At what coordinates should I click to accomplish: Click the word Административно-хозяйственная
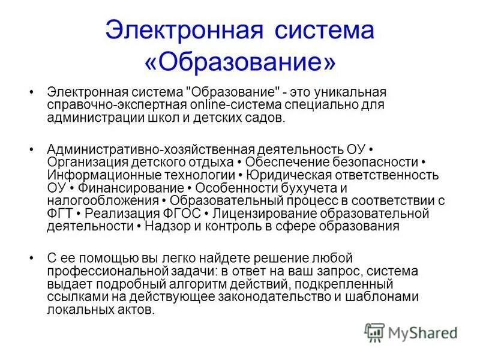(151, 148)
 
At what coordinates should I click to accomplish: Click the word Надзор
(166, 227)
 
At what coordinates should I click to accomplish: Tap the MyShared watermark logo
(412, 331)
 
